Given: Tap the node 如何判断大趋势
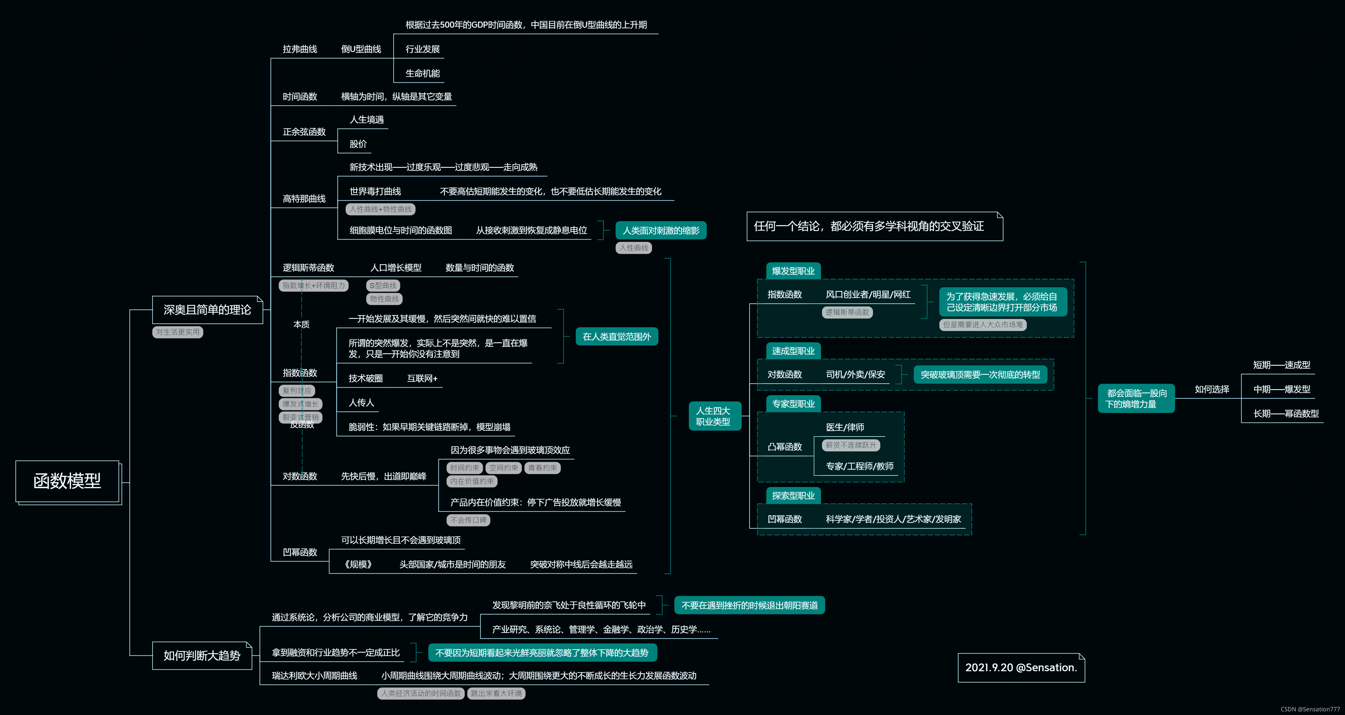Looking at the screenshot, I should tap(202, 655).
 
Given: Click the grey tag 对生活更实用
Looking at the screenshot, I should tap(178, 332).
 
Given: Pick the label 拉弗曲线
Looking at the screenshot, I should tap(300, 49).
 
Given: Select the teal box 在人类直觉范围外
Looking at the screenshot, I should tap(617, 337).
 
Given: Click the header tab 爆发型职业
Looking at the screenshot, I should tap(793, 271).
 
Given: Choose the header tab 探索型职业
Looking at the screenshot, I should tap(793, 495).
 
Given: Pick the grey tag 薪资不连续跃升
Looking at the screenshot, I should tap(851, 445).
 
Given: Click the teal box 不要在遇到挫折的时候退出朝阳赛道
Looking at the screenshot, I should tap(749, 605).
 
